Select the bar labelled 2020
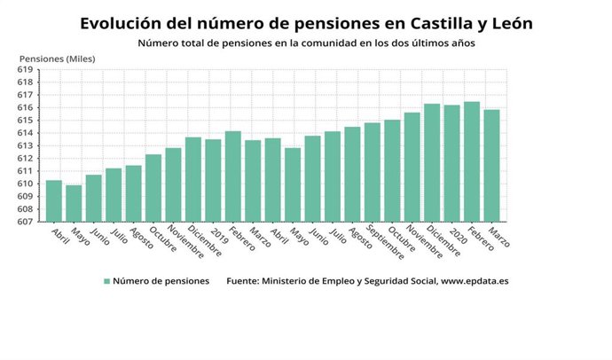(x=451, y=163)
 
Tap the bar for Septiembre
(x=372, y=172)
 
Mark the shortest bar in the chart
(x=74, y=203)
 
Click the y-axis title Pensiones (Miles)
(x=57, y=59)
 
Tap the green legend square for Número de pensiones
(x=107, y=281)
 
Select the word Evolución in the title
(x=121, y=22)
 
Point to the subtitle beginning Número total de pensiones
(x=306, y=43)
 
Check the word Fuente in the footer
(x=244, y=281)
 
